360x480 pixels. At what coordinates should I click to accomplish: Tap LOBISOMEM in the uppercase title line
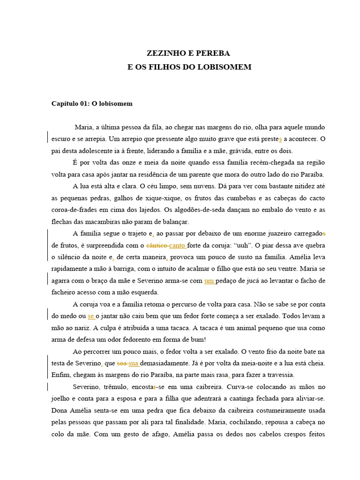pyautogui.click(x=225, y=67)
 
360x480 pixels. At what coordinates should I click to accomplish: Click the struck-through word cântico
pyautogui.click(x=157, y=245)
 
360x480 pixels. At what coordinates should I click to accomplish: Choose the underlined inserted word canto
pyautogui.click(x=177, y=245)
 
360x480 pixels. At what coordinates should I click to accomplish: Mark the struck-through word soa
pyautogui.click(x=121, y=363)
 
